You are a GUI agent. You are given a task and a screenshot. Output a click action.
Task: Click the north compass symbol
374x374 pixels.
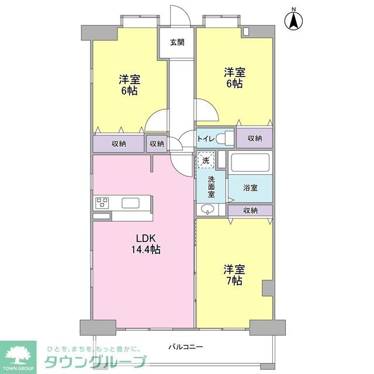[x=294, y=21]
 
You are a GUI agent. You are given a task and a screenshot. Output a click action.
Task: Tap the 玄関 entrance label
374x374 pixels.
[x=177, y=42]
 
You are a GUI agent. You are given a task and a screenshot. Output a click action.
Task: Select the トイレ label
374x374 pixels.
[x=205, y=138]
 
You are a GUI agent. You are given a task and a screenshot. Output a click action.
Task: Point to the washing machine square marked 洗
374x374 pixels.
[x=205, y=160]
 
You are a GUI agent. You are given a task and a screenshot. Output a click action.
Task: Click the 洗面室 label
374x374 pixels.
[x=211, y=186]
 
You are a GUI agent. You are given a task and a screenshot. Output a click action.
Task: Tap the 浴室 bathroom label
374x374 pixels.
[x=250, y=188]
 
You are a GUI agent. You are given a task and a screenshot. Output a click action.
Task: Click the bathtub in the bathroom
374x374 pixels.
[x=250, y=162]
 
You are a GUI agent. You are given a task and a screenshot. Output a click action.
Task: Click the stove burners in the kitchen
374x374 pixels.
[x=103, y=203]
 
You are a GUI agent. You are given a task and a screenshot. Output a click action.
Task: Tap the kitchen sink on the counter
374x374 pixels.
[x=130, y=203]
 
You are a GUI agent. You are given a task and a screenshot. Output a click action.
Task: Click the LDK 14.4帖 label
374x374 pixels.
[x=148, y=244]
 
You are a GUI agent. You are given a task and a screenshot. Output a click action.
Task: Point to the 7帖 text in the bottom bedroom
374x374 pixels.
[x=234, y=280]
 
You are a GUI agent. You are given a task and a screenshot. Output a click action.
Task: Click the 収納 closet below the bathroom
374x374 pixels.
[x=250, y=210]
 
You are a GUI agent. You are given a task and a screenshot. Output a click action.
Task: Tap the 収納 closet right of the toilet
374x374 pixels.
[x=254, y=138]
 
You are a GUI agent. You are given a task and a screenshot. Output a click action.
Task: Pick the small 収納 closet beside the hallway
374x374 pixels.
[x=156, y=143]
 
